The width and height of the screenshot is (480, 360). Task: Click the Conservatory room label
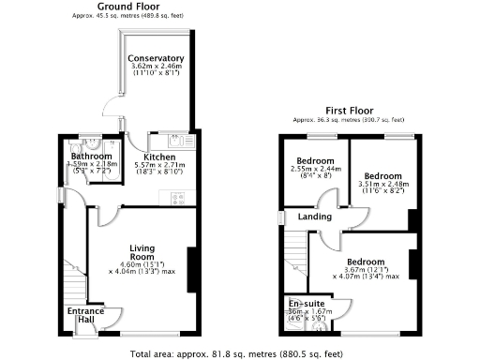(x=157, y=58)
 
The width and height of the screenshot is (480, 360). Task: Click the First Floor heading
(x=348, y=110)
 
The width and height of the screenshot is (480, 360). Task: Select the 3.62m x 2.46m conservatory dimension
(x=157, y=67)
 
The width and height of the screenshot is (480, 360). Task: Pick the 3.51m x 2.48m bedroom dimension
(x=382, y=186)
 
